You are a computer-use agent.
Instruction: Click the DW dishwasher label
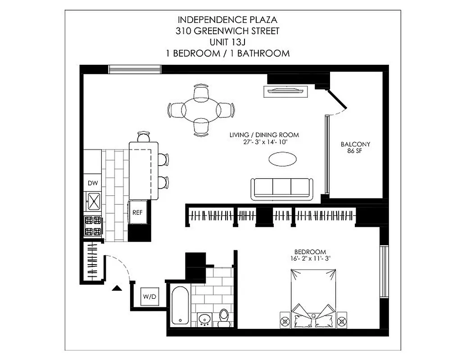pos(93,183)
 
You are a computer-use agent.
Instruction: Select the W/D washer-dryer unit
pos(149,297)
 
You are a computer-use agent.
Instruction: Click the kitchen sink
pos(94,201)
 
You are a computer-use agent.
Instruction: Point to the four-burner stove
pos(93,226)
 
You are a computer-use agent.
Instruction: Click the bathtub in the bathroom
pos(179,305)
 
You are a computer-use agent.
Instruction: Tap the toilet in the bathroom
pos(224,317)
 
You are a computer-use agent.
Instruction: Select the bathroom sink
pos(205,319)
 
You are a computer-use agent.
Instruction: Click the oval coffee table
pos(282,159)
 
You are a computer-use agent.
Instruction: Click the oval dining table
pos(201,110)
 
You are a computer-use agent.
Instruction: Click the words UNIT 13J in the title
pos(227,42)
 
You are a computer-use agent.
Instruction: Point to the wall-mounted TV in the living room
pos(285,91)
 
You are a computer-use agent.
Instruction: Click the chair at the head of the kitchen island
pos(143,136)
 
